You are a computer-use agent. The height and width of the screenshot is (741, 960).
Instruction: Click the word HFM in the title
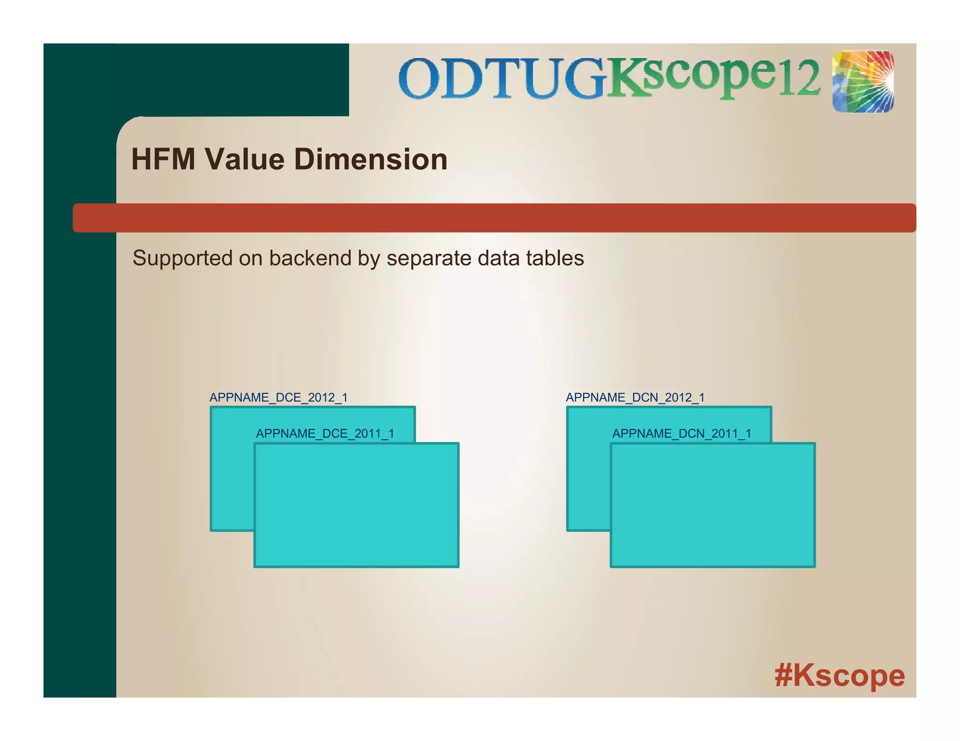163,159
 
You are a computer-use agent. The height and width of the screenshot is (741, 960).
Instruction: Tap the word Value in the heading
245,159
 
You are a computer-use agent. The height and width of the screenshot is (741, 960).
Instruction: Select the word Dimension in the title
370,159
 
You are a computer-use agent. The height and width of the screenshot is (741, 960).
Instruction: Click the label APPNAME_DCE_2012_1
278,398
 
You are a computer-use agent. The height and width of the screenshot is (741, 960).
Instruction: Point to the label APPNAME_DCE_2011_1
325,434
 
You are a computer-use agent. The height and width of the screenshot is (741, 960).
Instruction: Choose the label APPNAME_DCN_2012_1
635,398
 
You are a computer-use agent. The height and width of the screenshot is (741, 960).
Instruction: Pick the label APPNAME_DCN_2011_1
682,434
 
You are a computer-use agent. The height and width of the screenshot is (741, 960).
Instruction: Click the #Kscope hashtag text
840,675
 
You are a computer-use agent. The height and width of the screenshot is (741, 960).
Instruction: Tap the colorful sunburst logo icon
863,82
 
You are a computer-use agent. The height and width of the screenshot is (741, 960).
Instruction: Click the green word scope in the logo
708,77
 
